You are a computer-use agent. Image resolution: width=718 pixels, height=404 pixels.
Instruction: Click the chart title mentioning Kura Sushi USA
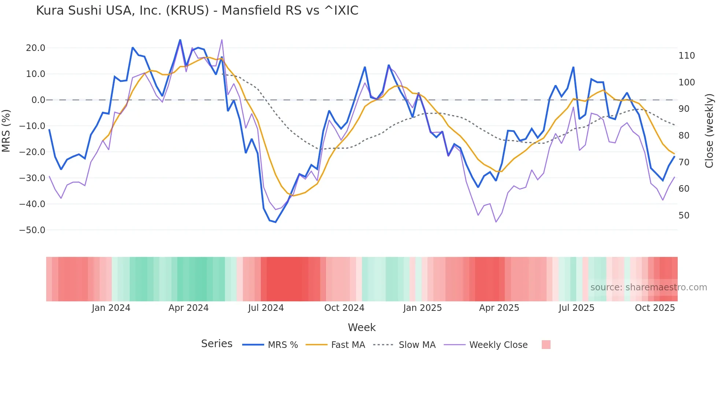click(x=197, y=11)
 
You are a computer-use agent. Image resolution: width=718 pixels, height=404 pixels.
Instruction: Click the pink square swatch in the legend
click(x=546, y=345)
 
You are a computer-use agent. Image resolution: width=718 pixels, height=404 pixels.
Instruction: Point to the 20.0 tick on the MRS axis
click(x=36, y=48)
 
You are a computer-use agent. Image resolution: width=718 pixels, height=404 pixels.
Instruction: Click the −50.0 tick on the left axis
click(x=32, y=230)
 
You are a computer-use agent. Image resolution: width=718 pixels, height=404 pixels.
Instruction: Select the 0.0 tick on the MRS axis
click(x=38, y=100)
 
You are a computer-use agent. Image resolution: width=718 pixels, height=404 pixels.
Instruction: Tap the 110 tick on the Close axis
click(x=686, y=56)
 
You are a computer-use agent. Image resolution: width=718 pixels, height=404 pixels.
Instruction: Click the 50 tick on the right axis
click(x=684, y=216)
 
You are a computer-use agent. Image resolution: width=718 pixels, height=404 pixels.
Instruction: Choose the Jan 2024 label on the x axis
click(x=111, y=308)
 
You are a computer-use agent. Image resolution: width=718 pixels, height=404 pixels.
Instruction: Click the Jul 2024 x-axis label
click(x=266, y=308)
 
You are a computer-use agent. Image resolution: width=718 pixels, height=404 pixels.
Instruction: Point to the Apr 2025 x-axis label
click(x=499, y=308)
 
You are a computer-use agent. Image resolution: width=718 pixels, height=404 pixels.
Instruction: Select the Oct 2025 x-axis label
click(x=655, y=308)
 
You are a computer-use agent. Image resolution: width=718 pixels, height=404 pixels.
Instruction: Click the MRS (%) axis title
click(x=6, y=131)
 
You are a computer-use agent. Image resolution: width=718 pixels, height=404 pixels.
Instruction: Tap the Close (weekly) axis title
click(x=709, y=131)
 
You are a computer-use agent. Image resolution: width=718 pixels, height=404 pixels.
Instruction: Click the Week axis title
click(x=362, y=327)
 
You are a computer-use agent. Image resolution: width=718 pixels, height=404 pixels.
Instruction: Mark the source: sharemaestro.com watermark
click(x=648, y=287)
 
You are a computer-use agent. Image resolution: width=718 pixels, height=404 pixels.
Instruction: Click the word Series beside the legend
click(x=216, y=344)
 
